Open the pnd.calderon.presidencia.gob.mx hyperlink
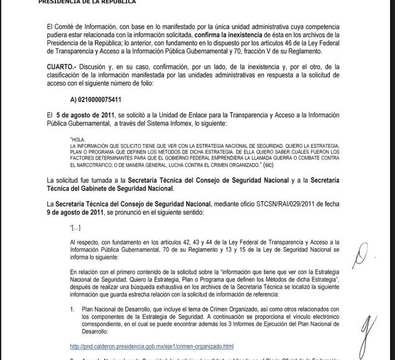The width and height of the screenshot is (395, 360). point(152,346)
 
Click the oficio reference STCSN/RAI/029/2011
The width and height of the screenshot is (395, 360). point(289,203)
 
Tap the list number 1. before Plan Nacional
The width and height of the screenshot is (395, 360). point(73,308)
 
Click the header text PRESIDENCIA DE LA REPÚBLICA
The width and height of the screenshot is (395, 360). point(87,2)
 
